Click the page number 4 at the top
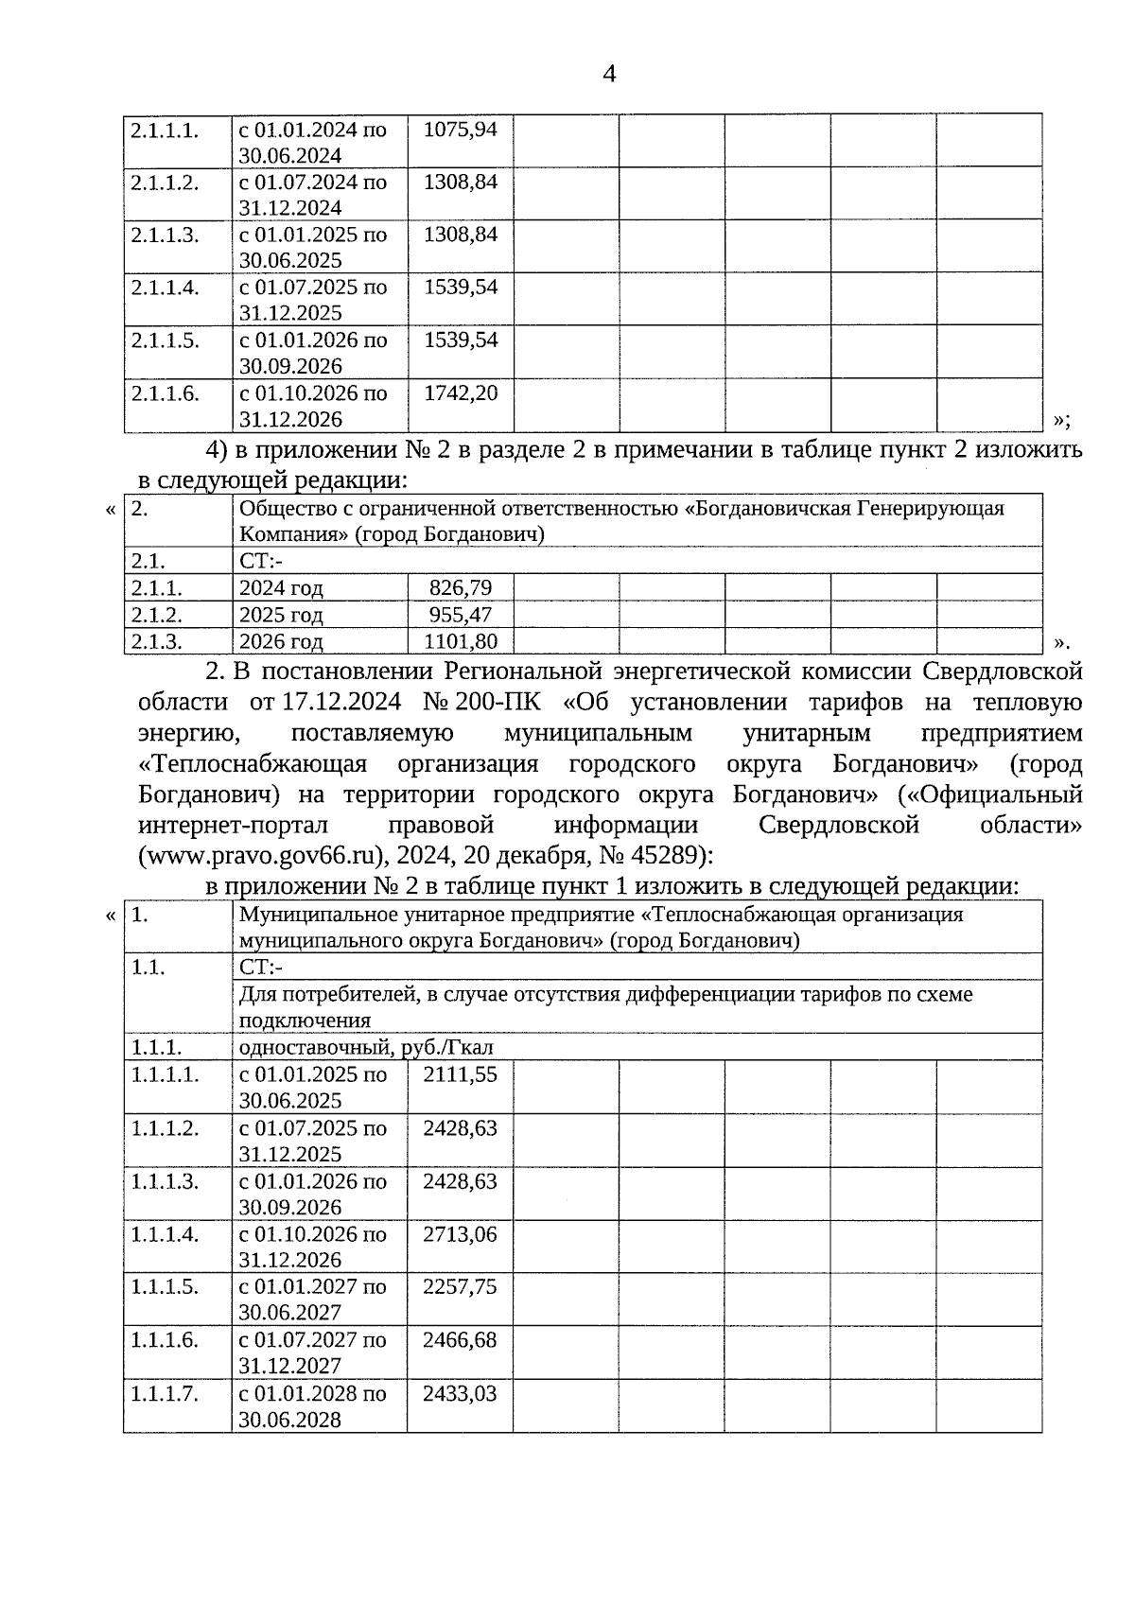(x=609, y=74)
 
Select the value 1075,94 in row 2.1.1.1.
(x=461, y=129)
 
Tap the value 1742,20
(x=461, y=393)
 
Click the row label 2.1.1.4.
(x=166, y=288)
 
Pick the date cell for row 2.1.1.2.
(x=313, y=194)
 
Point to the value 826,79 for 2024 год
(x=461, y=587)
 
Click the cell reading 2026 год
(x=281, y=641)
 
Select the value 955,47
(x=461, y=614)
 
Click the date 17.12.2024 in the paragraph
(x=340, y=703)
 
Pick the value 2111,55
(x=461, y=1074)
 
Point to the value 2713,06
(x=461, y=1234)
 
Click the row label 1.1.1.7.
(x=166, y=1393)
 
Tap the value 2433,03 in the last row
(x=461, y=1393)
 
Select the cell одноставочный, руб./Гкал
(x=366, y=1047)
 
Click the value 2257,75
(x=461, y=1286)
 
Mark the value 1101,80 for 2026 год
(x=461, y=641)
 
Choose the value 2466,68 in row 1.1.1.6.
(x=461, y=1340)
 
